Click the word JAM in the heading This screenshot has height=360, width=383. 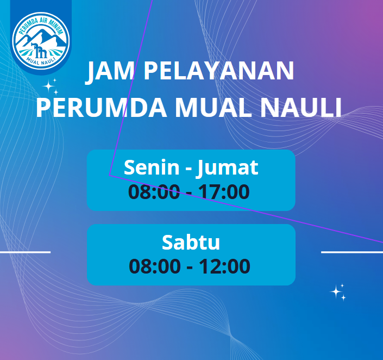click(x=110, y=71)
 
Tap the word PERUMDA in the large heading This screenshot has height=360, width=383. click(x=102, y=108)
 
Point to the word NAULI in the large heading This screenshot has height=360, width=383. click(x=301, y=108)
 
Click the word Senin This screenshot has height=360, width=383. click(x=152, y=167)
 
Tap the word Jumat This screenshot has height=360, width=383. click(x=227, y=168)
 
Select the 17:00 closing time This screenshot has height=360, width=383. click(x=224, y=192)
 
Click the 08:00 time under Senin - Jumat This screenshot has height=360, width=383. click(x=154, y=192)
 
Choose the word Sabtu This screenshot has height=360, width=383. click(x=191, y=243)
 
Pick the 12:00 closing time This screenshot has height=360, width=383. click(x=224, y=266)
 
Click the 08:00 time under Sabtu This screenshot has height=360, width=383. click(x=155, y=266)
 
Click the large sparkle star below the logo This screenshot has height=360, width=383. click(x=48, y=87)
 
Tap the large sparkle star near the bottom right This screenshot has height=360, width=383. click(x=336, y=292)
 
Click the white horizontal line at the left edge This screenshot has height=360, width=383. click(x=25, y=252)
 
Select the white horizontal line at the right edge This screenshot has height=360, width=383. click(x=352, y=252)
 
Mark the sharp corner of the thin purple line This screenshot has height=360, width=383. click(x=109, y=175)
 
